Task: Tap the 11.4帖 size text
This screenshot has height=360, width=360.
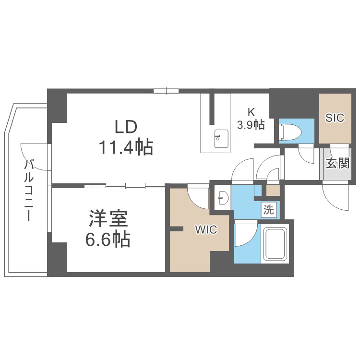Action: (126, 147)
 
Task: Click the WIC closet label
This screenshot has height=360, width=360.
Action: (205, 230)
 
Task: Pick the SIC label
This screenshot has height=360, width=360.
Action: (335, 118)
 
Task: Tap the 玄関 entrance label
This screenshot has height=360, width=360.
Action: (337, 164)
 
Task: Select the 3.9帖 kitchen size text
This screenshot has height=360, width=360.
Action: (251, 125)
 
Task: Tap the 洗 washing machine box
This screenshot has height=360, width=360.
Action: (269, 209)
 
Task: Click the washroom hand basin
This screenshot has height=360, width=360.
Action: (222, 198)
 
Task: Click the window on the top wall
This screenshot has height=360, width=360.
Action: (166, 91)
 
